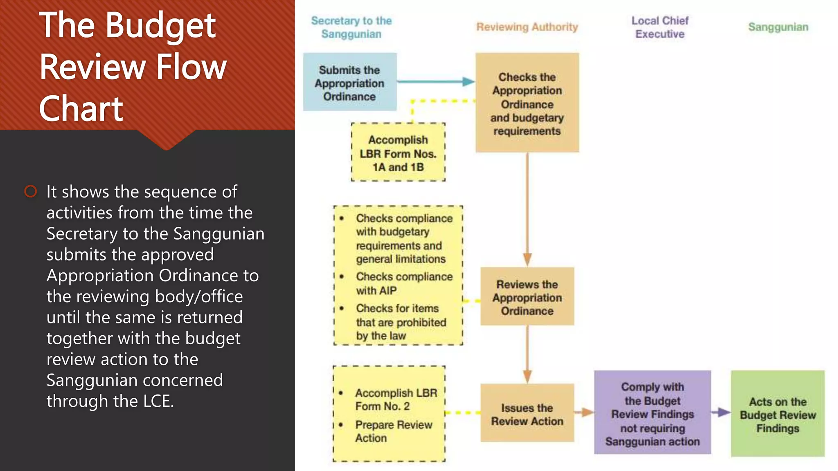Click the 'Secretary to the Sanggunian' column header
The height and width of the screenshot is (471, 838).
click(x=351, y=27)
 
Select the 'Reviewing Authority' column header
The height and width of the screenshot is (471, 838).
click(x=527, y=27)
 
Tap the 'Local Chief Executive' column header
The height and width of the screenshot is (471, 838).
click(x=660, y=27)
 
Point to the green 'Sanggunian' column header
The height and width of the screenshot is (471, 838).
click(x=778, y=27)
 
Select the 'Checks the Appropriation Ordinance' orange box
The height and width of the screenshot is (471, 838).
click(x=527, y=103)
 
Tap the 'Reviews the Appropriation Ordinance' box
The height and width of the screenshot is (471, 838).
click(x=527, y=297)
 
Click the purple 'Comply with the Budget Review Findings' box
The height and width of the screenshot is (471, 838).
click(x=652, y=413)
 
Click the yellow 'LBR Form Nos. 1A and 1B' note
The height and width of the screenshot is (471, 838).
click(x=398, y=153)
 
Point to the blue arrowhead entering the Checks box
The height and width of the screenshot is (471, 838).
click(x=468, y=82)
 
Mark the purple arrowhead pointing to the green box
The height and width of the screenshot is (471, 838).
click(x=724, y=413)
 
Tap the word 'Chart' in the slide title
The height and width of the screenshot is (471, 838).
click(x=81, y=109)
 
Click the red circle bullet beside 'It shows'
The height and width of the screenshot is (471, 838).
click(x=31, y=191)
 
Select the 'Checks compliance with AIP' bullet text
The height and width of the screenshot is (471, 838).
click(x=403, y=283)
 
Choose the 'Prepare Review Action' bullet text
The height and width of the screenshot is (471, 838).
click(x=393, y=431)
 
